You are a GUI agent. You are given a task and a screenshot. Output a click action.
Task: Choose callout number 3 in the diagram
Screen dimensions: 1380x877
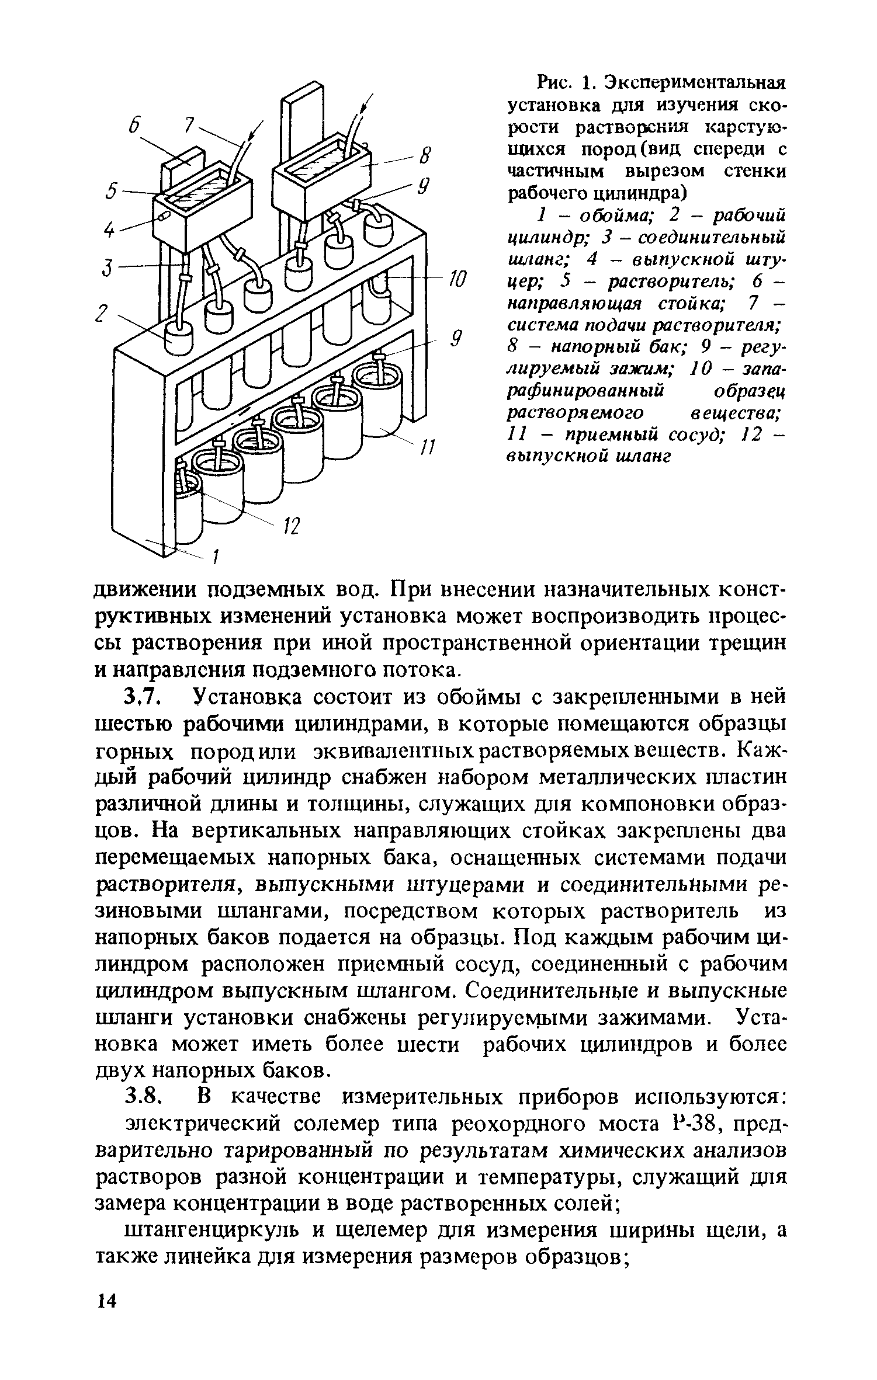point(107,269)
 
